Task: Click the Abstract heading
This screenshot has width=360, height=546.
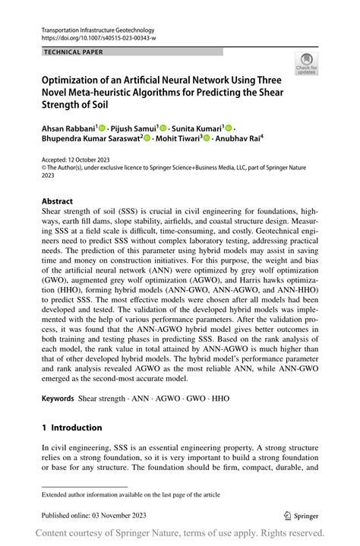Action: [57, 203]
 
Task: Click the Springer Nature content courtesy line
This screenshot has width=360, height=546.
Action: [180, 532]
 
